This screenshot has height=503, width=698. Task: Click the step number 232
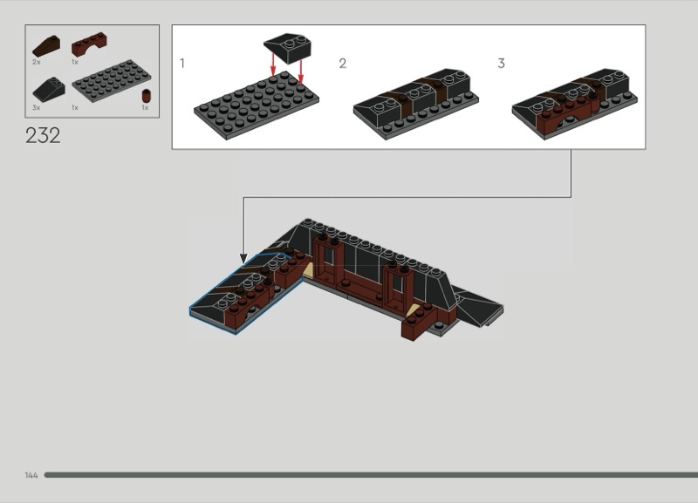(43, 136)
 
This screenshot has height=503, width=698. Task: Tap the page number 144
(31, 475)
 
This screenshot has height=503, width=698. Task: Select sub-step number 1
(182, 63)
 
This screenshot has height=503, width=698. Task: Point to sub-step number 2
(342, 63)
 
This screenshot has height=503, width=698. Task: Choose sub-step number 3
(501, 63)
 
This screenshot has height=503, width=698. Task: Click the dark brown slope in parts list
(46, 46)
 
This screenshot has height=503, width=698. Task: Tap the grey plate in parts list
(112, 81)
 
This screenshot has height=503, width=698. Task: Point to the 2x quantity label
(37, 62)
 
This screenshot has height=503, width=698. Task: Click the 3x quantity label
(37, 107)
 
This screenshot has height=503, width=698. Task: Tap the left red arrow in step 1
(273, 64)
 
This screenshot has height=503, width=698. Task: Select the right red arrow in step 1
(301, 71)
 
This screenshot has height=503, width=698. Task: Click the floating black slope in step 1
(288, 48)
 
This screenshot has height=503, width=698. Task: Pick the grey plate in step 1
(257, 105)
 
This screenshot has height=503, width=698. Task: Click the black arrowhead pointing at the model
(243, 258)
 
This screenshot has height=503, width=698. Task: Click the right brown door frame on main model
(398, 287)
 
